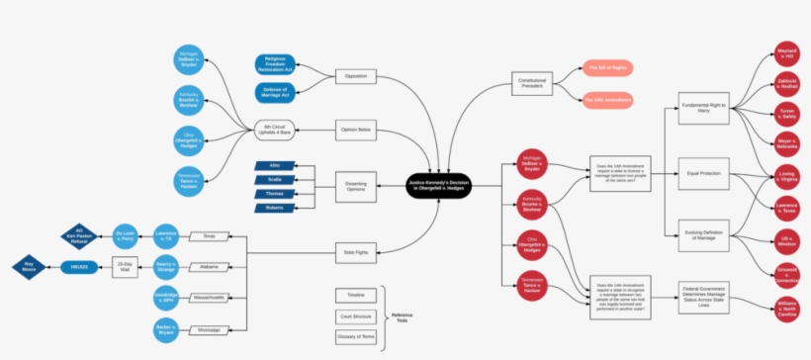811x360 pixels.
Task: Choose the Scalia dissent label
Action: (274, 179)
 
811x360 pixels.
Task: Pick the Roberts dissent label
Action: (274, 208)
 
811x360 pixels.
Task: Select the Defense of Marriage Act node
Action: (274, 93)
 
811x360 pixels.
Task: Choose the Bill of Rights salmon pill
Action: (607, 67)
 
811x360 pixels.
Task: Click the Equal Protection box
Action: (704, 173)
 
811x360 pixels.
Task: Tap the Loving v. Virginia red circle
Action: (786, 177)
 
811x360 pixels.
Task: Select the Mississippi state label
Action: (209, 328)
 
